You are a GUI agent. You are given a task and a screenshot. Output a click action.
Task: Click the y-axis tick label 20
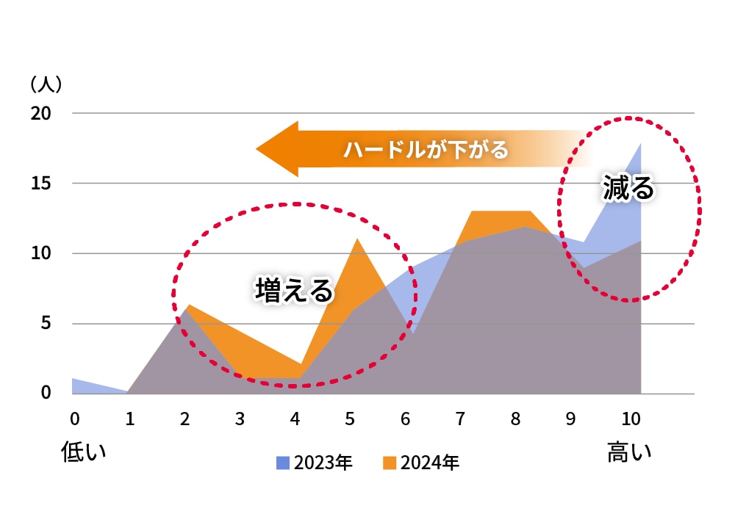coord(41,113)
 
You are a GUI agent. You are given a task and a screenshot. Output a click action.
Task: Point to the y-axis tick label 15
coord(41,183)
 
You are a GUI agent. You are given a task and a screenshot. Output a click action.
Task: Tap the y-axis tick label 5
coord(46,323)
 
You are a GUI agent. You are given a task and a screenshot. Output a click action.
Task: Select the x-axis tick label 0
coord(74,419)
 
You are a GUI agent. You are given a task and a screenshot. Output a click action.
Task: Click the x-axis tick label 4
coord(295,419)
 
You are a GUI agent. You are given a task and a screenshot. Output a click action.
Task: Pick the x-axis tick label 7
coord(460,419)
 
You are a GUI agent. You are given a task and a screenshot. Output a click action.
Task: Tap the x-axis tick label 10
coord(631,419)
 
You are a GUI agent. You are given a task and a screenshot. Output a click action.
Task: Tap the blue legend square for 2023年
coord(283,463)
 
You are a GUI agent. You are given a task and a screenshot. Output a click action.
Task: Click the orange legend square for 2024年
coord(390,463)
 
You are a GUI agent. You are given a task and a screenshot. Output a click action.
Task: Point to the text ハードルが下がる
coord(426,151)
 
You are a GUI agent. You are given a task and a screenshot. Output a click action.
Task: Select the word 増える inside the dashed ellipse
coord(294,290)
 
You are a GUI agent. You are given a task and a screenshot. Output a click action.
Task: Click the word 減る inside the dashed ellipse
coord(628,187)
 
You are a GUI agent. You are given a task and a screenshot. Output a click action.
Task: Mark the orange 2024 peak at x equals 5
coord(356,240)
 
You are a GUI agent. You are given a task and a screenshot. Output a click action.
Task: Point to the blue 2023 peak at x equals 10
coord(640,144)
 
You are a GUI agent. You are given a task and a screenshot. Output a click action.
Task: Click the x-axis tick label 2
coord(184,419)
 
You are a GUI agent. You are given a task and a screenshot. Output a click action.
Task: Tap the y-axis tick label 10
coord(41,253)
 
